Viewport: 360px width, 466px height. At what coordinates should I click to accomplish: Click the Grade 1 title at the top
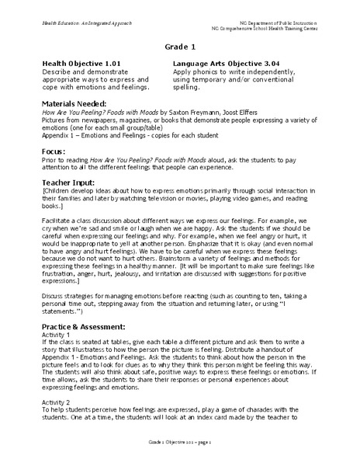click(180, 47)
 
